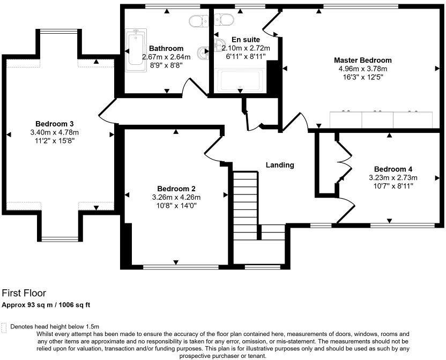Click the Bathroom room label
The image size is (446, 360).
tap(166, 48)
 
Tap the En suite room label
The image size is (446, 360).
tap(246, 40)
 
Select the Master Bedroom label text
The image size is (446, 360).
tap(362, 60)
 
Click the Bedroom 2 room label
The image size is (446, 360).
tap(176, 188)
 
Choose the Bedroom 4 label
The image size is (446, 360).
tap(393, 169)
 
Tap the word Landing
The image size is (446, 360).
tap(280, 165)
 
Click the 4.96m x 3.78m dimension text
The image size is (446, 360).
tap(362, 69)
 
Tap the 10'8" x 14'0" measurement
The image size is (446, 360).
tap(176, 205)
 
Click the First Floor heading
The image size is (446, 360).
tap(24, 293)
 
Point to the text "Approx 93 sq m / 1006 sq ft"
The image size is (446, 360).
tap(46, 305)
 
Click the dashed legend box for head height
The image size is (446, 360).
tap(5, 326)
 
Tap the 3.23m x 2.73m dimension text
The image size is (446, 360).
tap(393, 178)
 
